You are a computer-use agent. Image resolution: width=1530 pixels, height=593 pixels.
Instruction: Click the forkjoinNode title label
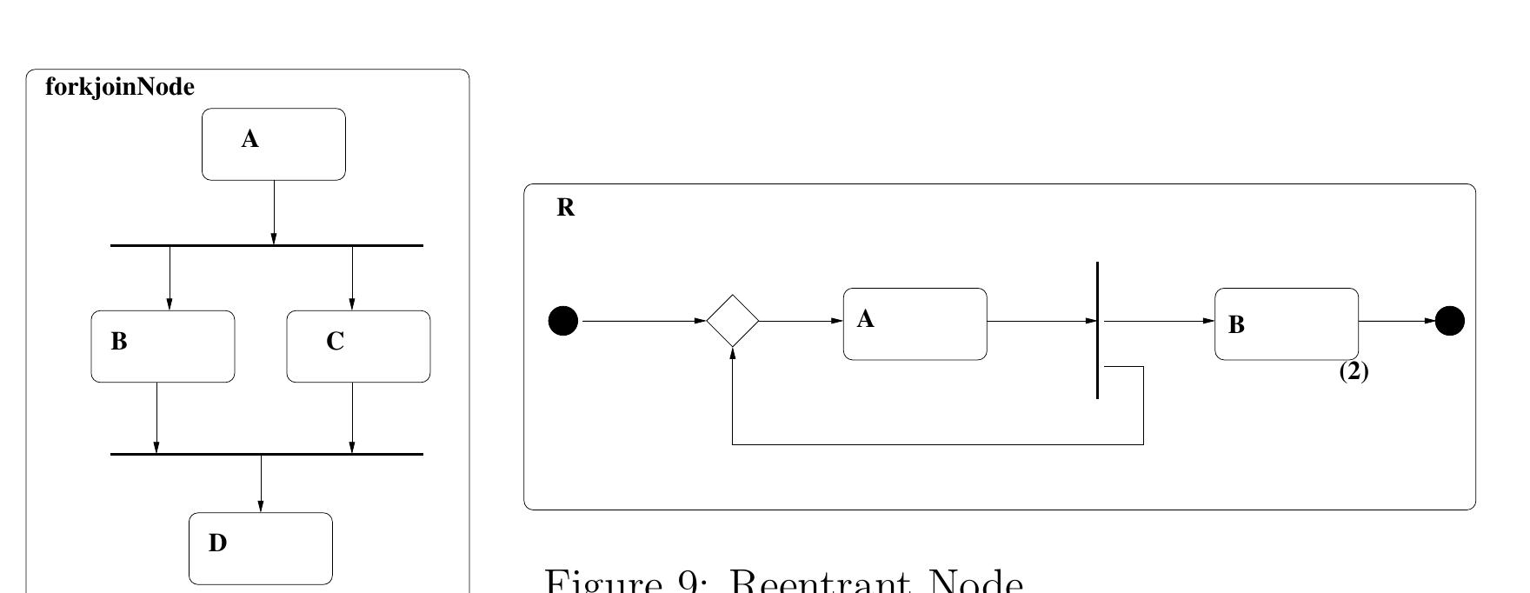point(119,88)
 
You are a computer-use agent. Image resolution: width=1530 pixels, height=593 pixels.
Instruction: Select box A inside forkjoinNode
point(274,144)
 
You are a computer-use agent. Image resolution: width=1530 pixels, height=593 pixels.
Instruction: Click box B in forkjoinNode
point(163,346)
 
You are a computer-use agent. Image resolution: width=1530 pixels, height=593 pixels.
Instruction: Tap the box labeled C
point(358,346)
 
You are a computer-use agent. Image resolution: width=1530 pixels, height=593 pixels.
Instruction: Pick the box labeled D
point(261,549)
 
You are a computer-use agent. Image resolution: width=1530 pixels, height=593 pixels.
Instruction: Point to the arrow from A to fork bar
point(274,212)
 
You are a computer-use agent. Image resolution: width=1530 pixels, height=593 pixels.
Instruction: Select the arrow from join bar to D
point(261,483)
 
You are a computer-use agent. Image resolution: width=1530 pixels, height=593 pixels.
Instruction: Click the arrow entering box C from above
point(352,278)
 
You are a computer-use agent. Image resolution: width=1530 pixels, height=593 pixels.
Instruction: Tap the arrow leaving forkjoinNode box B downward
point(156,417)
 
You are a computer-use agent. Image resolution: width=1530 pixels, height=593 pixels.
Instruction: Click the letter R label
point(565,208)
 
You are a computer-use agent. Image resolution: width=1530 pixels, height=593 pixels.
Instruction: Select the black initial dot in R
point(563,321)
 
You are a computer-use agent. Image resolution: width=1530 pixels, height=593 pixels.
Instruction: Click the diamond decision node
point(733,321)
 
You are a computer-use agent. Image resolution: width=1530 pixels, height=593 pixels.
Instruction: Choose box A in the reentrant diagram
point(915,323)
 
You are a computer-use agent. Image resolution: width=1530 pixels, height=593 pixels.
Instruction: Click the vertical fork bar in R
point(1098,330)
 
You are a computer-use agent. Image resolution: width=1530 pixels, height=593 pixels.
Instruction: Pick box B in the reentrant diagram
point(1287,323)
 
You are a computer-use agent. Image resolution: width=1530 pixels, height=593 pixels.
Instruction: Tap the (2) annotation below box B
point(1354,372)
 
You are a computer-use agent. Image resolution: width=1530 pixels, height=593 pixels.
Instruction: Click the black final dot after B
point(1449,321)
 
